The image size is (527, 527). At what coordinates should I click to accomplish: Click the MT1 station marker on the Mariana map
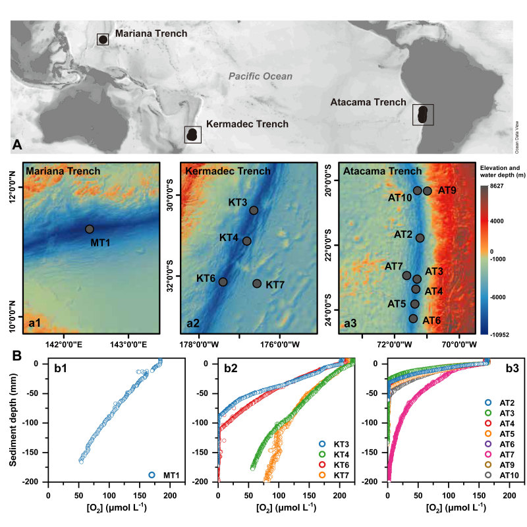89,229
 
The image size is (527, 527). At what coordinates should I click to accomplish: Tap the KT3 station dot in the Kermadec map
254,210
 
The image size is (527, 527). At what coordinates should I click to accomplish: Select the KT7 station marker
257,283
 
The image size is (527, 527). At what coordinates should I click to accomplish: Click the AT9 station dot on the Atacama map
428,191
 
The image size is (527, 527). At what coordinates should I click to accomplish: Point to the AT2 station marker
420,238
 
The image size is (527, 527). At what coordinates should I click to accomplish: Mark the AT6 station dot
413,318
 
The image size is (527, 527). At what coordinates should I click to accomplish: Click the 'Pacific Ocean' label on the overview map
260,76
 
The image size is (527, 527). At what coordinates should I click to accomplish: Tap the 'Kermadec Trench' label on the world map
247,124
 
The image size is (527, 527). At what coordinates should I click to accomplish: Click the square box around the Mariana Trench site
103,40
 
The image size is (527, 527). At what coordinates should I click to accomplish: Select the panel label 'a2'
194,323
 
